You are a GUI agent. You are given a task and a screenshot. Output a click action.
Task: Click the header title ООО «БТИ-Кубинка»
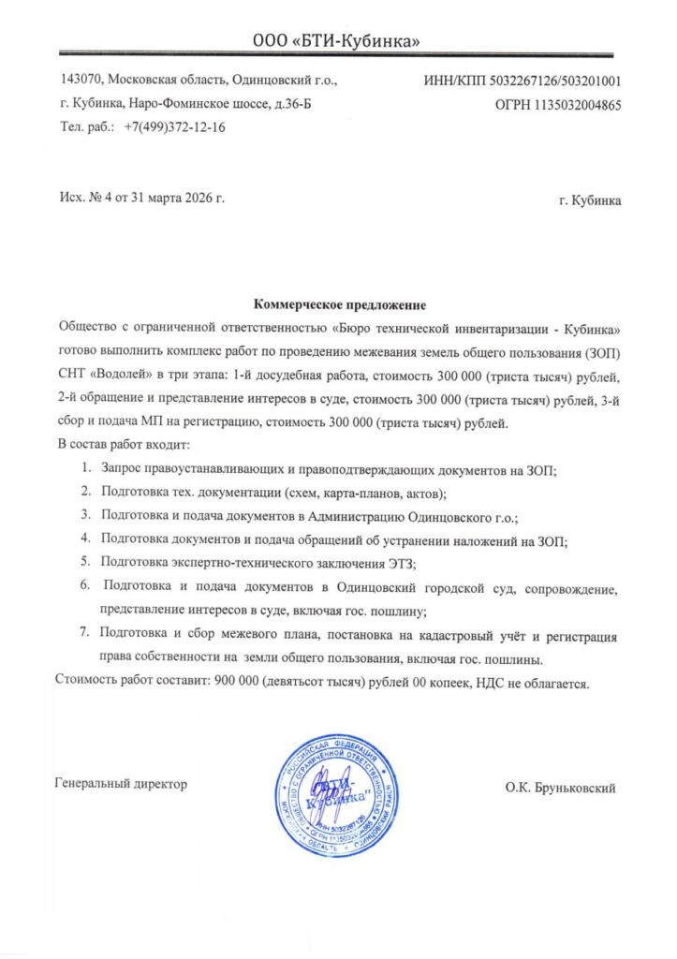click(x=337, y=40)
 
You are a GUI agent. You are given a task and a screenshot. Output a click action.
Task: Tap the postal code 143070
click(x=81, y=81)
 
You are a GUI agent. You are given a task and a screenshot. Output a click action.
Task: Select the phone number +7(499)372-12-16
click(x=174, y=126)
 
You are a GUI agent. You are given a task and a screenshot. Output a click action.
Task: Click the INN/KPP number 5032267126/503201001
click(x=555, y=81)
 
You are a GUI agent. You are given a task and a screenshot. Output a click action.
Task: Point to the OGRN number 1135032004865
click(x=576, y=105)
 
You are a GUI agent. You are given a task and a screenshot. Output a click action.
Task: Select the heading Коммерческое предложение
click(x=339, y=305)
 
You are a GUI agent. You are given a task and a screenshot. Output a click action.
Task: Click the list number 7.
click(x=84, y=633)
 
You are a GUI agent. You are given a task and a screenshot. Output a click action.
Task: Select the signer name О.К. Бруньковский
click(x=560, y=789)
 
